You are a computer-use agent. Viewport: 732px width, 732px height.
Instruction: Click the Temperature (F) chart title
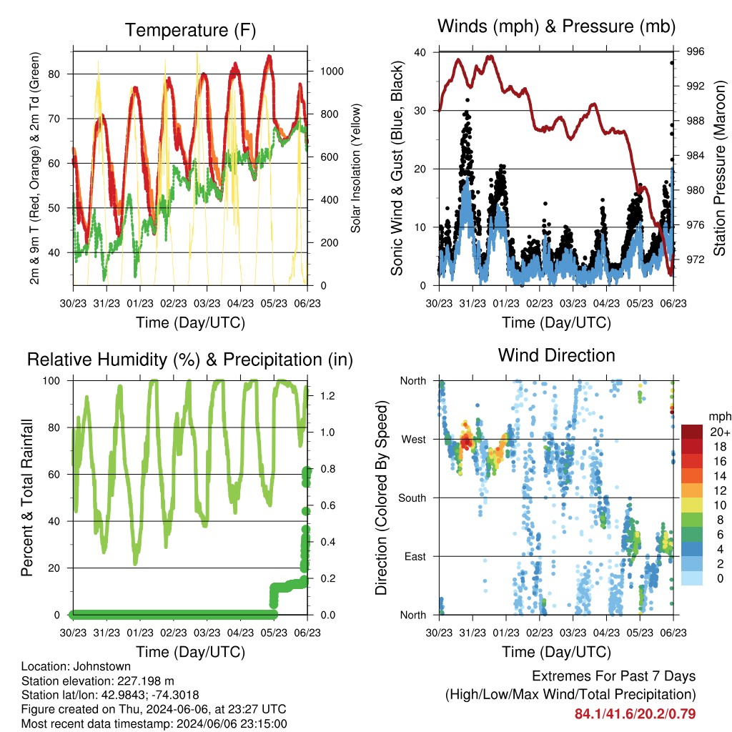(x=190, y=30)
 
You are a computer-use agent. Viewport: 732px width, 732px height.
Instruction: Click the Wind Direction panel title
(x=556, y=355)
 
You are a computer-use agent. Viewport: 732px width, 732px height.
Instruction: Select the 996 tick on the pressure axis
(x=695, y=51)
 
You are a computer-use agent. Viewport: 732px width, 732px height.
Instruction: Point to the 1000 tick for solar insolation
(x=332, y=71)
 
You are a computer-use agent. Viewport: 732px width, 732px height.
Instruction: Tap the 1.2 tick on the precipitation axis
(x=327, y=396)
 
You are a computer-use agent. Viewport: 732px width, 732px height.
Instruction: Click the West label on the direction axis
(x=414, y=440)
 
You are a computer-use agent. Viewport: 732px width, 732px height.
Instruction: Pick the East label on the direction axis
(x=415, y=556)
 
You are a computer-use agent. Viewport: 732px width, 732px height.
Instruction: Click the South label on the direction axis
(x=412, y=498)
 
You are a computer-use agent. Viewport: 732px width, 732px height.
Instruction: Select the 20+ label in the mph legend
(x=720, y=432)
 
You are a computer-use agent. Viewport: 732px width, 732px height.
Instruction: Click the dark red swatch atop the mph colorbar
(x=692, y=432)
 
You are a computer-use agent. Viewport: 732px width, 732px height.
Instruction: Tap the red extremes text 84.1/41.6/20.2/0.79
(x=635, y=714)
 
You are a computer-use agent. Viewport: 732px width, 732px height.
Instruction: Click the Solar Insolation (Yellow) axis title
(x=356, y=168)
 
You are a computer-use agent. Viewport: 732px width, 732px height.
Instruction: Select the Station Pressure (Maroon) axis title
(x=719, y=168)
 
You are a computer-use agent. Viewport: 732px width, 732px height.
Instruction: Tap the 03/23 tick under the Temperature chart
(x=207, y=303)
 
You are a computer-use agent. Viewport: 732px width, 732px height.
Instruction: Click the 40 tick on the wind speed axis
(x=420, y=52)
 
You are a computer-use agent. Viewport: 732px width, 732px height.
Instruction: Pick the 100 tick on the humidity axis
(x=51, y=381)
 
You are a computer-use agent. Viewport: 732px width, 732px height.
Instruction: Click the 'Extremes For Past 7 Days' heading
(x=614, y=676)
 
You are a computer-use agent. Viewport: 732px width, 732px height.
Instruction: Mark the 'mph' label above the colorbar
(x=720, y=417)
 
